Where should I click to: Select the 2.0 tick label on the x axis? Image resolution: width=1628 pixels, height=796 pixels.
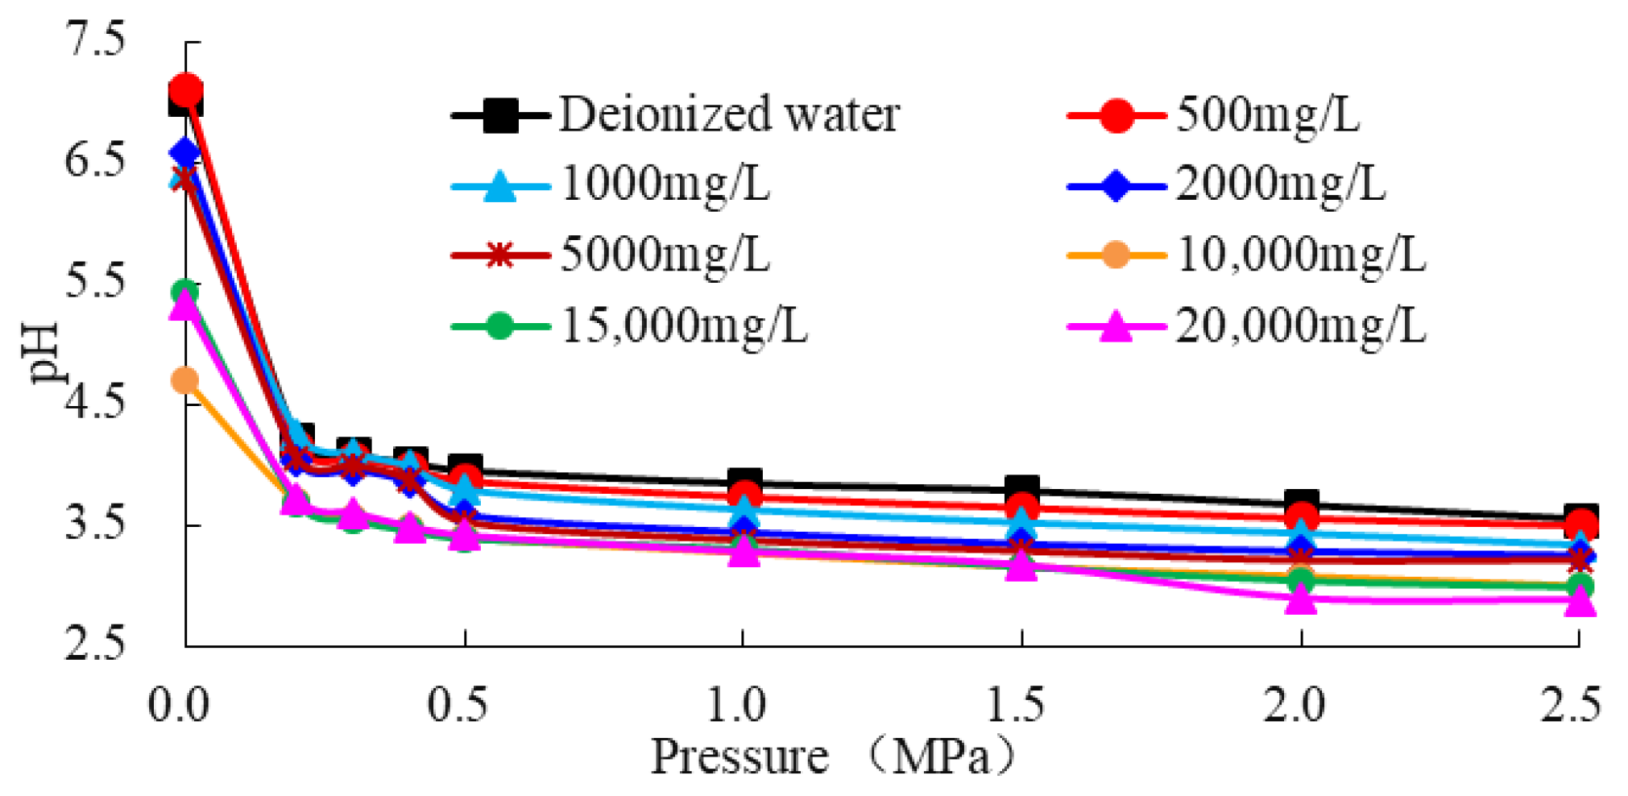(1293, 705)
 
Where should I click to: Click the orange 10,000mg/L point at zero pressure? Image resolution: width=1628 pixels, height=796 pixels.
(185, 379)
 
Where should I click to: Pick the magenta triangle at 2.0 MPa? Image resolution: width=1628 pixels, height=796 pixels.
(1301, 599)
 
